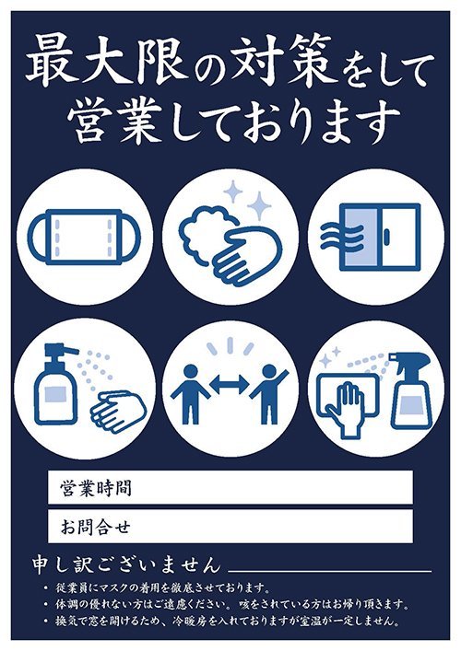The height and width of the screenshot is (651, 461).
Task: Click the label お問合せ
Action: tap(92, 528)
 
